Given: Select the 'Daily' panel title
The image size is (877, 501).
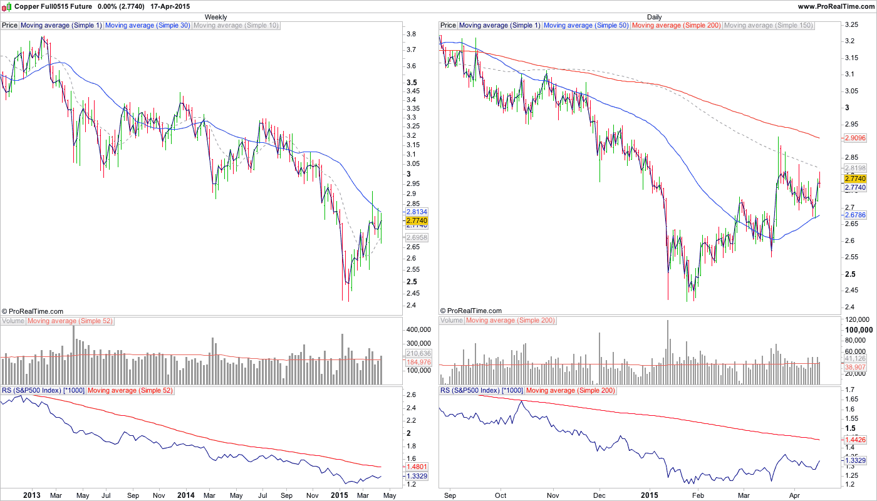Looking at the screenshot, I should coord(654,17).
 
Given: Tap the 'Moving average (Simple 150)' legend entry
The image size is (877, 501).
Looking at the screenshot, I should coord(768,26).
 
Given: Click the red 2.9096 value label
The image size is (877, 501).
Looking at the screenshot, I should coord(855,138).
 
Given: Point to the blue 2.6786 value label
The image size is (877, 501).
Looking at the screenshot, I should coord(855,215).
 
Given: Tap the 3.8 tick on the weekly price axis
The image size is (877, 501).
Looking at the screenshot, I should coord(412,34).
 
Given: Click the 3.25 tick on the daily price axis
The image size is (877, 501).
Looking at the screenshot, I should coord(851,25).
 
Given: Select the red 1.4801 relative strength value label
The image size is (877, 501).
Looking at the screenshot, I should coord(417,467).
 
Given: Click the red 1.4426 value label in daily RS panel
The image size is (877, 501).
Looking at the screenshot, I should coord(855,440).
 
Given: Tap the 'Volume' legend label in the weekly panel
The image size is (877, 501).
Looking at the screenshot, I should coord(13,321).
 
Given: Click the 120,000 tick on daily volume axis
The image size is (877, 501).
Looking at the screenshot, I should coord(856,320).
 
